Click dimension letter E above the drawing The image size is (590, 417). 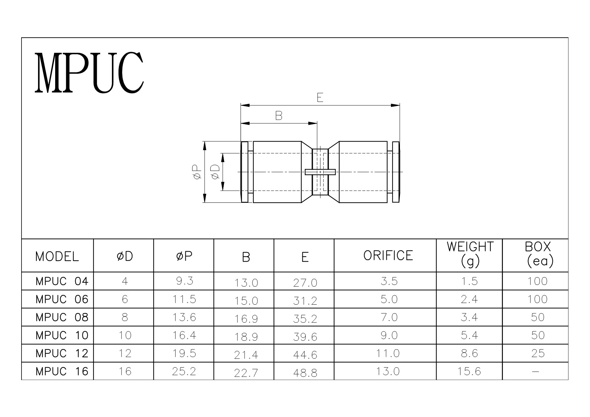pos(320,98)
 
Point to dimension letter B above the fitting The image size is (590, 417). pos(279,116)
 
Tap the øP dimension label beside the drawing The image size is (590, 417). pos(197,172)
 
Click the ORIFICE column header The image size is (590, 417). pos(388,256)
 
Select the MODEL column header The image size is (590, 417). pos(57,257)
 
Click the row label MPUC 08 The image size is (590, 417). pos(62,317)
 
